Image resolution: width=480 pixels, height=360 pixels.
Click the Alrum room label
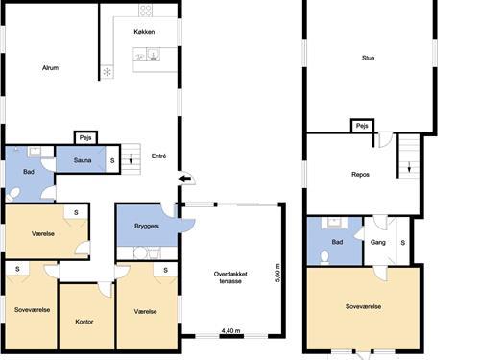click(x=50, y=68)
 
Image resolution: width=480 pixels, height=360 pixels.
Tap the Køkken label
click(x=144, y=32)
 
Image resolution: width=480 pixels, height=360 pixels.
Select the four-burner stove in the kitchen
click(x=145, y=11)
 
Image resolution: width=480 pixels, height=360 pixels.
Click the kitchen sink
click(x=154, y=55)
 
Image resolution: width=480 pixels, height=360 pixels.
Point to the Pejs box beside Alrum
click(x=85, y=138)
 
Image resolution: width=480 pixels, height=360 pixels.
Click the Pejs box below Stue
click(x=362, y=126)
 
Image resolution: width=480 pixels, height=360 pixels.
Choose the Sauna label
click(x=83, y=160)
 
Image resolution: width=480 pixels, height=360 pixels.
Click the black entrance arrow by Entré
click(x=184, y=180)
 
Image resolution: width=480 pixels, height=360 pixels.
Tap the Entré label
click(x=158, y=156)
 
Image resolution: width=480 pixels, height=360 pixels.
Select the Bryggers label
click(x=147, y=227)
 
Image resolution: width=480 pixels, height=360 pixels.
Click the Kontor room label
click(x=84, y=322)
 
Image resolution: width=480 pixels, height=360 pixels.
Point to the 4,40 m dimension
click(x=231, y=330)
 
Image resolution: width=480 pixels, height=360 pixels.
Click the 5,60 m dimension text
click(x=277, y=273)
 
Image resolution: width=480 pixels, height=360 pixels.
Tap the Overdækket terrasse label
click(x=230, y=277)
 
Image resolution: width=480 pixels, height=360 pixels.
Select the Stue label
click(x=368, y=58)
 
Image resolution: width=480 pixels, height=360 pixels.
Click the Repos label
click(x=360, y=175)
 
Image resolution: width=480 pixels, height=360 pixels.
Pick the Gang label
click(x=378, y=242)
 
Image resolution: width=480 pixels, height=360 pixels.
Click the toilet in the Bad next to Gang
click(x=324, y=257)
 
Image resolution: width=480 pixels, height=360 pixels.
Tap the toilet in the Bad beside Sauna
click(x=13, y=194)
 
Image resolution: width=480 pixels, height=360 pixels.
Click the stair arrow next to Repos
click(x=409, y=167)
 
